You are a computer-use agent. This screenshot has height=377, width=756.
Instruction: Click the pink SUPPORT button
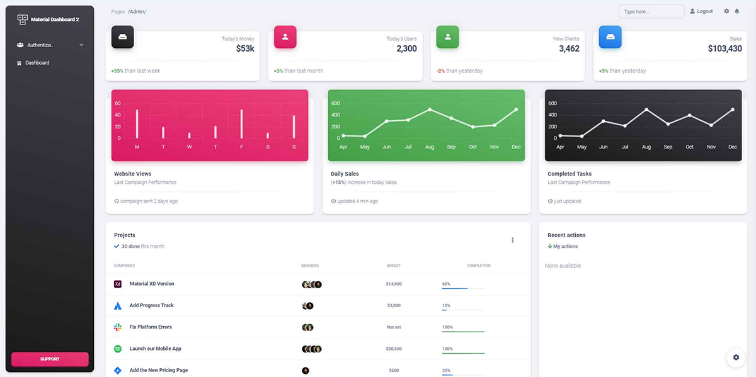[x=50, y=359]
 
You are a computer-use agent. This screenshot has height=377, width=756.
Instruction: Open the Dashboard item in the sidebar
[x=37, y=63]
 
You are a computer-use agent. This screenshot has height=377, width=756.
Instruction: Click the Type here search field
[x=651, y=11]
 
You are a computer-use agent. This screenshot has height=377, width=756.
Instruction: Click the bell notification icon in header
[x=736, y=11]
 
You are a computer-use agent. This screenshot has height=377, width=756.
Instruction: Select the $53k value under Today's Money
[x=245, y=48]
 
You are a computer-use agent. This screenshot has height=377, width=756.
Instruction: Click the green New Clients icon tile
[x=448, y=37]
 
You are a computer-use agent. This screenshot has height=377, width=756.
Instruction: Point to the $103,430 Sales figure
[x=724, y=48]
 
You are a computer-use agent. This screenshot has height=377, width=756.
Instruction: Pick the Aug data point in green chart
[x=430, y=110]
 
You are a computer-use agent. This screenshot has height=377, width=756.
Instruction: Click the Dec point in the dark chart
[x=733, y=110]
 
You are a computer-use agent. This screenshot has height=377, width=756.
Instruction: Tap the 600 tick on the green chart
[x=336, y=103]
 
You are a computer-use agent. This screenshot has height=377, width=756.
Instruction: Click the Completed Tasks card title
[x=570, y=174]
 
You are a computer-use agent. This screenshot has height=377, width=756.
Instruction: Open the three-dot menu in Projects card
[x=512, y=240]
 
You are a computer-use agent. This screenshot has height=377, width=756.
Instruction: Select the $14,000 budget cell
[x=394, y=284]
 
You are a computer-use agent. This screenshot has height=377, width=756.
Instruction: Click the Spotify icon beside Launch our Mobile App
[x=117, y=349]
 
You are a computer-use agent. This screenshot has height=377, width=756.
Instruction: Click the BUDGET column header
[x=394, y=266]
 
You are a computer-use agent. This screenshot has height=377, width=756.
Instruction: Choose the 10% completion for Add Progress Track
[x=446, y=305]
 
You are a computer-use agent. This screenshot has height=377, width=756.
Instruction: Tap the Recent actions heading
[x=566, y=235]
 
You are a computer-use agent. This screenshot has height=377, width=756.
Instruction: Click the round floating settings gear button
[x=735, y=357]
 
